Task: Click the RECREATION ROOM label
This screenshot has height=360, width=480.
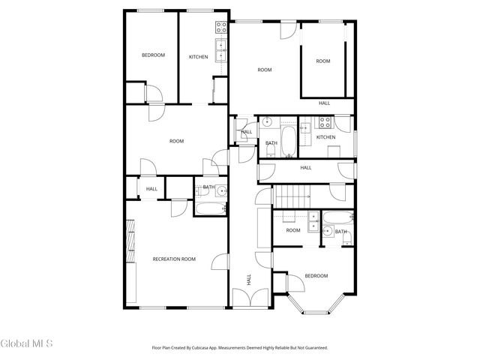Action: pyautogui.click(x=174, y=259)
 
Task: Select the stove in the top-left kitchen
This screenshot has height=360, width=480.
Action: pyautogui.click(x=221, y=28)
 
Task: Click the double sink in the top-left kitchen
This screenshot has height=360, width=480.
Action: pyautogui.click(x=221, y=50)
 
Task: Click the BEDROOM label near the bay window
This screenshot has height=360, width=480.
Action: pyautogui.click(x=316, y=276)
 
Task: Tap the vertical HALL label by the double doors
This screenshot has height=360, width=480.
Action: pyautogui.click(x=249, y=280)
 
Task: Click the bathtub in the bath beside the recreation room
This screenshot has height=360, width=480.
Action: pyautogui.click(x=209, y=208)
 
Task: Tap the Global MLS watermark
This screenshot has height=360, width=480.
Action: pyautogui.click(x=27, y=344)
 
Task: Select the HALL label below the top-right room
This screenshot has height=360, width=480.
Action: pyautogui.click(x=324, y=103)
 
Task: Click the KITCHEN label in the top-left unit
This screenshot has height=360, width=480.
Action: pyautogui.click(x=198, y=57)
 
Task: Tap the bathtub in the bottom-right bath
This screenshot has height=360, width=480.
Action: pyautogui.click(x=335, y=219)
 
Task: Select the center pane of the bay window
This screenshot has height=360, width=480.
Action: pyautogui.click(x=313, y=309)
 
